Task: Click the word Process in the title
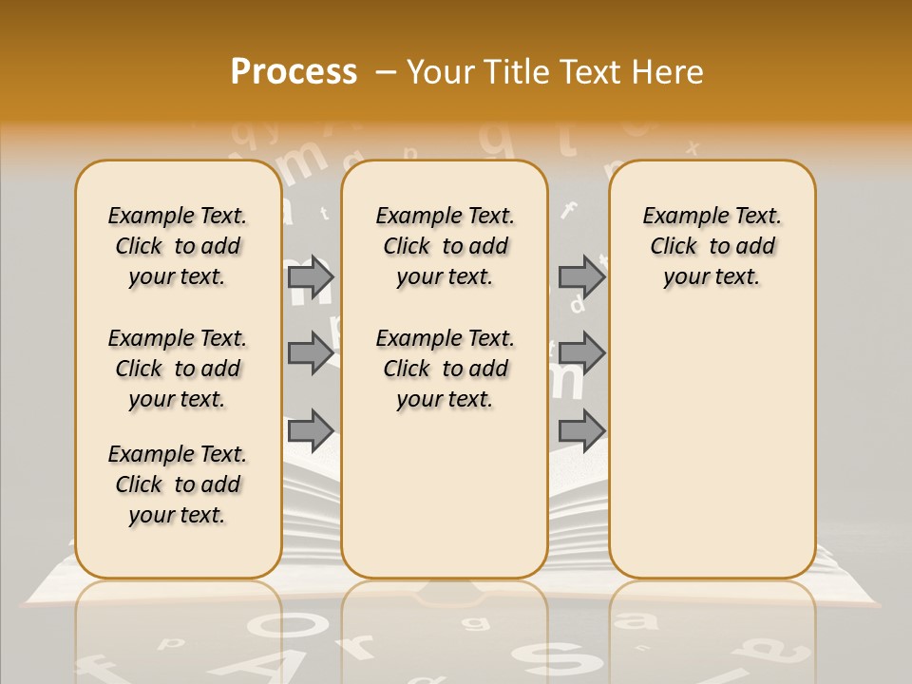294,72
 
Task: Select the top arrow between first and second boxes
311,277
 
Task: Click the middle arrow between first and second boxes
311,353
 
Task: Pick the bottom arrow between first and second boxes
311,429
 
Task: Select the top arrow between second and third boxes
581,277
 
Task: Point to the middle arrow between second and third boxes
581,353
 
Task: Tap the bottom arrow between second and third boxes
581,429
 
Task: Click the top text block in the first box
178,246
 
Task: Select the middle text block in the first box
178,369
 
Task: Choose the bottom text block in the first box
178,484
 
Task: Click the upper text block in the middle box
445,246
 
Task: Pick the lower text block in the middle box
445,369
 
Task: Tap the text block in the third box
712,246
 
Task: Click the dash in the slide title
386,72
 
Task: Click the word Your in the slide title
441,72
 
